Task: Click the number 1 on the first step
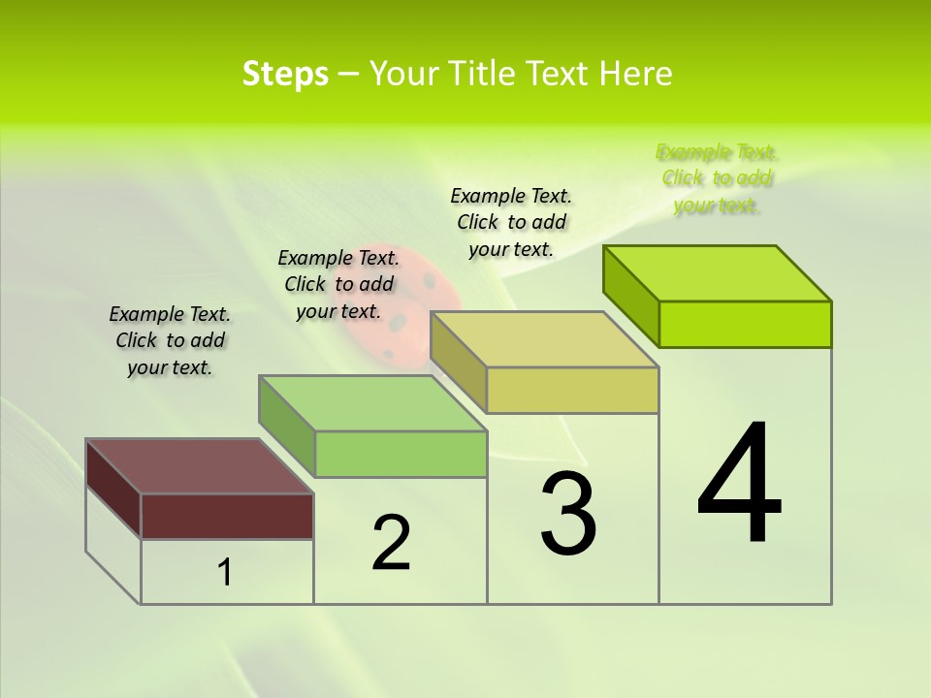tap(224, 573)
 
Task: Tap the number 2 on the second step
tap(391, 543)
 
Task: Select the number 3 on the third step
tap(567, 514)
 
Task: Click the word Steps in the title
tap(285, 74)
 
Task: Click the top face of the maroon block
tap(199, 466)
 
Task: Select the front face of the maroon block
tap(227, 516)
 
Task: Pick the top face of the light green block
tap(372, 403)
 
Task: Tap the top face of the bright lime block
tap(718, 273)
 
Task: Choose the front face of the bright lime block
tap(745, 324)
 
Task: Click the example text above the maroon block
tap(170, 341)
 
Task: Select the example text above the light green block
tap(338, 284)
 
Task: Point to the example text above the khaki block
tap(511, 222)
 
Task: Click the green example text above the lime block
tap(717, 178)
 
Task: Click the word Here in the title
tap(636, 74)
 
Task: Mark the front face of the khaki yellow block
tap(572, 390)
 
